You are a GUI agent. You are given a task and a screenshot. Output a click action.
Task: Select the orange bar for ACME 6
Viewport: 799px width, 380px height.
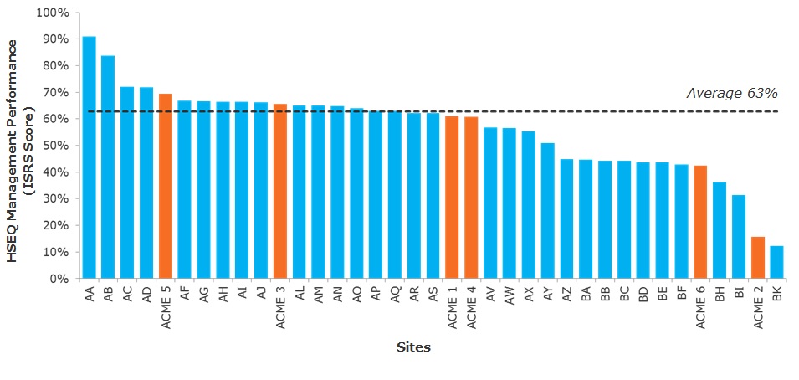tap(700, 222)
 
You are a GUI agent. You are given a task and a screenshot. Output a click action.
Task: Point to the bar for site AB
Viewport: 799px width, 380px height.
tap(108, 167)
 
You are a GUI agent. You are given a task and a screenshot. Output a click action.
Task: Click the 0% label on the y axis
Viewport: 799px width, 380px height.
tap(61, 279)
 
